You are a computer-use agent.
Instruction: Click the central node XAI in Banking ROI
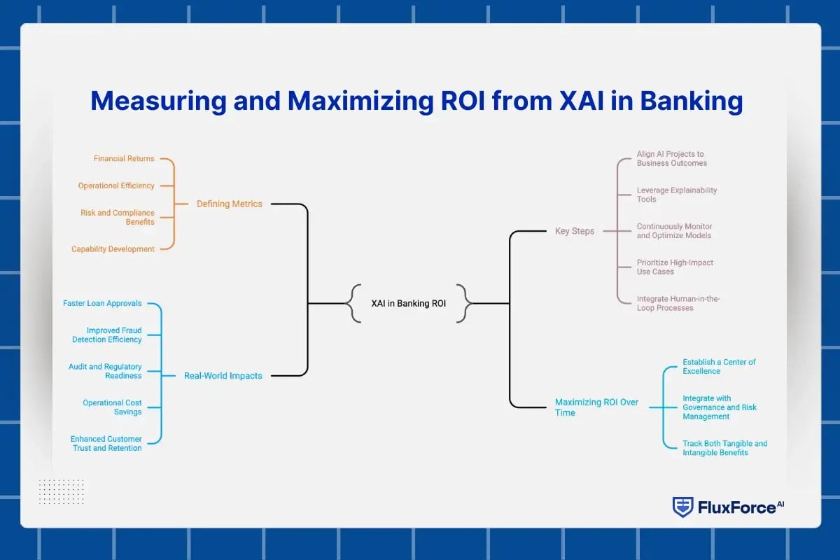click(408, 304)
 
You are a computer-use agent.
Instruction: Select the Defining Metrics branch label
click(229, 204)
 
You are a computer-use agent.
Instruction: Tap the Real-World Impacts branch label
click(223, 376)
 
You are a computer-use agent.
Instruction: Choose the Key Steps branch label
click(574, 231)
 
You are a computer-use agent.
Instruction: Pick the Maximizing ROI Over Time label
click(596, 407)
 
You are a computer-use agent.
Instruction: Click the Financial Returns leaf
click(124, 159)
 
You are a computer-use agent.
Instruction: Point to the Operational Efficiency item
click(116, 185)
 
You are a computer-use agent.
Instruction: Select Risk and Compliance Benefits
click(116, 217)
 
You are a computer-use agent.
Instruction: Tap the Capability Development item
click(113, 249)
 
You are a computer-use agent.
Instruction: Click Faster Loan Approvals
click(102, 304)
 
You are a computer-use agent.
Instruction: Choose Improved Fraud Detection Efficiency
click(107, 335)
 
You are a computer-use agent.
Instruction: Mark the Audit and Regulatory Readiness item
click(105, 371)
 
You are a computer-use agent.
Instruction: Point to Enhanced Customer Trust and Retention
click(106, 443)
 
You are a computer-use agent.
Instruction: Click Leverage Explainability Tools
click(676, 195)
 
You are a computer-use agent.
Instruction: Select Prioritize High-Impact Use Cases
click(675, 267)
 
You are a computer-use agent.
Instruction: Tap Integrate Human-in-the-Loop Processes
click(678, 303)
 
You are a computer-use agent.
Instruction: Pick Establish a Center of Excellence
click(719, 366)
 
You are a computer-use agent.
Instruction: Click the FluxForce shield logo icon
click(682, 507)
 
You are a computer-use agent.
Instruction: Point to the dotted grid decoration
click(61, 491)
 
